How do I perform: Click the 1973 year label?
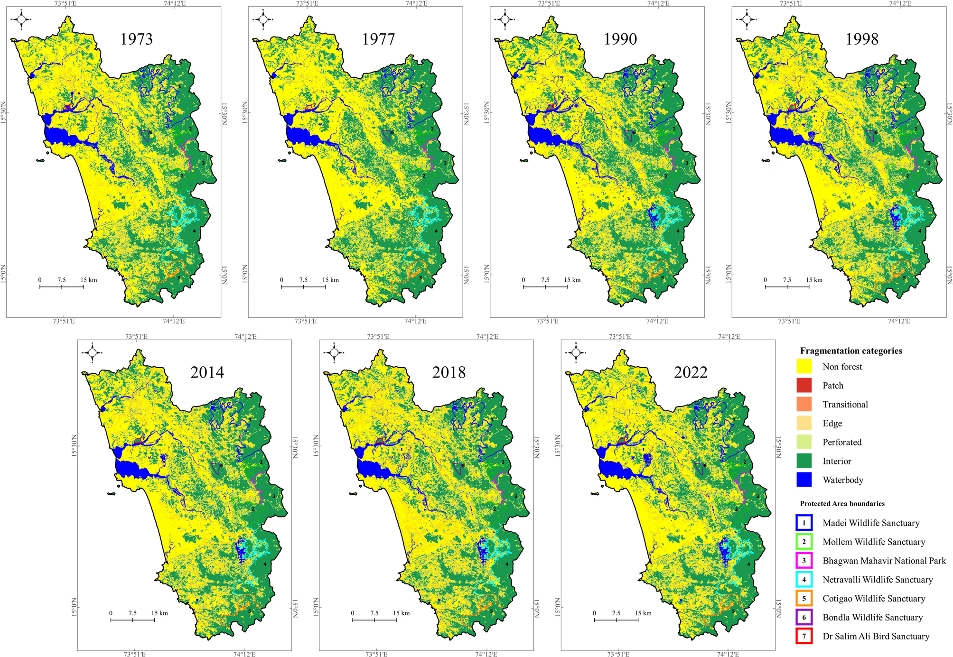[136, 39]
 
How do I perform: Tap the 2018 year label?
[448, 372]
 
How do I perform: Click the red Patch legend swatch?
[804, 386]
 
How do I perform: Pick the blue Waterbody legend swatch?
[804, 480]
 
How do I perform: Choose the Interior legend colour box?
[804, 461]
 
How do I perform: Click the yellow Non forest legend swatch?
[804, 367]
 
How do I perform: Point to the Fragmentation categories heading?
[850, 351]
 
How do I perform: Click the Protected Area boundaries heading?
[842, 504]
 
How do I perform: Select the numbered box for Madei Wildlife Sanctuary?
[804, 523]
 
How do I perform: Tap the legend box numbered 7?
[804, 636]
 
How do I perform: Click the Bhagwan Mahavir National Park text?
[884, 561]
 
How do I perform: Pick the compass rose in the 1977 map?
[263, 19]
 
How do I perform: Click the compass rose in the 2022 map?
[576, 352]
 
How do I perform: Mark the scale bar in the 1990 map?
[545, 287]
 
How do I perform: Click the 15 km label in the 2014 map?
[159, 613]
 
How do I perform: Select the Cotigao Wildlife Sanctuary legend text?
[873, 599]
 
